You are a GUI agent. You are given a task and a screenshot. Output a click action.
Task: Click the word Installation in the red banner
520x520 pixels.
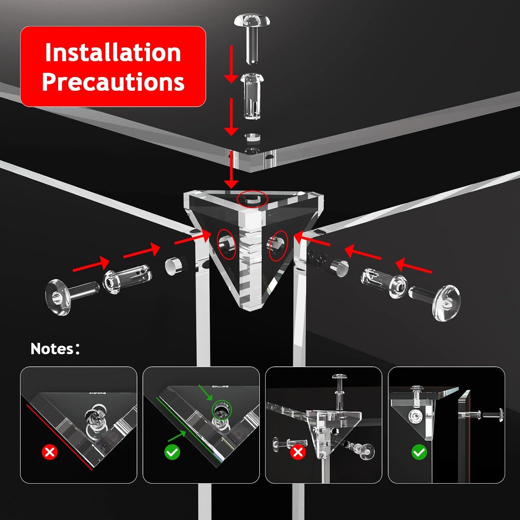pyautogui.click(x=113, y=52)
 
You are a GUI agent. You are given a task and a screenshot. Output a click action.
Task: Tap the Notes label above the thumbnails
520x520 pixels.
pyautogui.click(x=55, y=349)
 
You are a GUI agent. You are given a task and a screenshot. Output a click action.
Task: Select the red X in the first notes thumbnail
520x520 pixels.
pyautogui.click(x=50, y=452)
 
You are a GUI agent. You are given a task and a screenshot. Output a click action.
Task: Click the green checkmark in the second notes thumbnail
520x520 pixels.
pyautogui.click(x=172, y=452)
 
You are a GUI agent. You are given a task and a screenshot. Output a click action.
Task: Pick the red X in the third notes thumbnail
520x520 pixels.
pyautogui.click(x=298, y=452)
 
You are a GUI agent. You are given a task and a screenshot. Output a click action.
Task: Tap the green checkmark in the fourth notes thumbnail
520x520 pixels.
pyautogui.click(x=419, y=452)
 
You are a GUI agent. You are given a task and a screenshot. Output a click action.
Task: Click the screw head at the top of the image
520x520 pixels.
pyautogui.click(x=252, y=21)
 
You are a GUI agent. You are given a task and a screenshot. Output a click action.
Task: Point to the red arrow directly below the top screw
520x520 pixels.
pyautogui.click(x=231, y=64)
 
